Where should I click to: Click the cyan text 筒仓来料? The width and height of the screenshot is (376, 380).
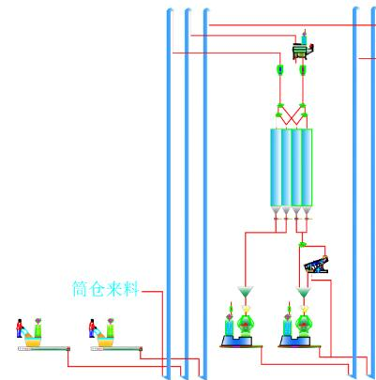click(x=105, y=288)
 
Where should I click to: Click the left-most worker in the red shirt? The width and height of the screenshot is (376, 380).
click(x=20, y=328)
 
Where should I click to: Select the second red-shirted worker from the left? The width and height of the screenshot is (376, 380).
click(x=92, y=328)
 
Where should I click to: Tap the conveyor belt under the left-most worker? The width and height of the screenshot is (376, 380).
click(x=44, y=348)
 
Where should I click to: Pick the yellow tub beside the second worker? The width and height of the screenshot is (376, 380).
click(x=106, y=342)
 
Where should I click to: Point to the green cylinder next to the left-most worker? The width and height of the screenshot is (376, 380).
click(x=38, y=330)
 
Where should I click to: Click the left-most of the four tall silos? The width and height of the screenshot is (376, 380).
click(x=276, y=167)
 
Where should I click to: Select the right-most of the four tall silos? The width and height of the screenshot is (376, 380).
click(x=307, y=167)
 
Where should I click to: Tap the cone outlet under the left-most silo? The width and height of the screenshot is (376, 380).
click(x=276, y=211)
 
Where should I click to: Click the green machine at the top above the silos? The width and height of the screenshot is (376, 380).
click(x=302, y=51)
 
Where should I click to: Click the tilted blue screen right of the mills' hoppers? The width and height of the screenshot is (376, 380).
click(x=316, y=265)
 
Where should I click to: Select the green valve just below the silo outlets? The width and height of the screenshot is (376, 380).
click(x=302, y=244)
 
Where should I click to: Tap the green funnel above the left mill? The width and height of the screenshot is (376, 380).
click(x=246, y=292)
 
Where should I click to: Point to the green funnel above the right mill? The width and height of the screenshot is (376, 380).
click(x=304, y=293)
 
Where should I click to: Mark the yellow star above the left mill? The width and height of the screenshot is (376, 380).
click(x=246, y=309)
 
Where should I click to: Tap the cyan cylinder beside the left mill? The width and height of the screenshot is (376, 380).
click(x=229, y=327)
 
